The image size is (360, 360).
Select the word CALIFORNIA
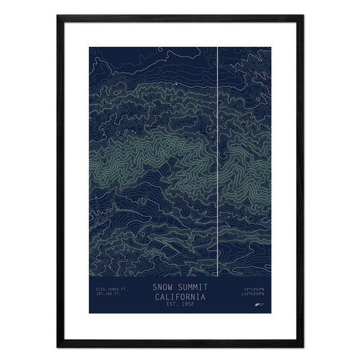pyautogui.click(x=180, y=296)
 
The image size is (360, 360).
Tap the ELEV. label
pyautogui.click(x=101, y=290)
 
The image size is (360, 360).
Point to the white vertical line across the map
pyautogui.click(x=216, y=150)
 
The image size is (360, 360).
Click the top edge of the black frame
pyautogui.click(x=180, y=16)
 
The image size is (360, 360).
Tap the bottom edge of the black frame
pyautogui.click(x=180, y=346)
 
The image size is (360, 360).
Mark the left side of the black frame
pyautogui.click(x=59, y=180)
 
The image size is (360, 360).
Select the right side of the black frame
pyautogui.click(x=302, y=180)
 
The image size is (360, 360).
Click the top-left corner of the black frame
pyautogui.click(x=59, y=16)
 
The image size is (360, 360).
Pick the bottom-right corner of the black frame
pyautogui.click(x=302, y=346)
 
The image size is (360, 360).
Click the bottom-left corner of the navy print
pyautogui.click(x=89, y=315)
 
